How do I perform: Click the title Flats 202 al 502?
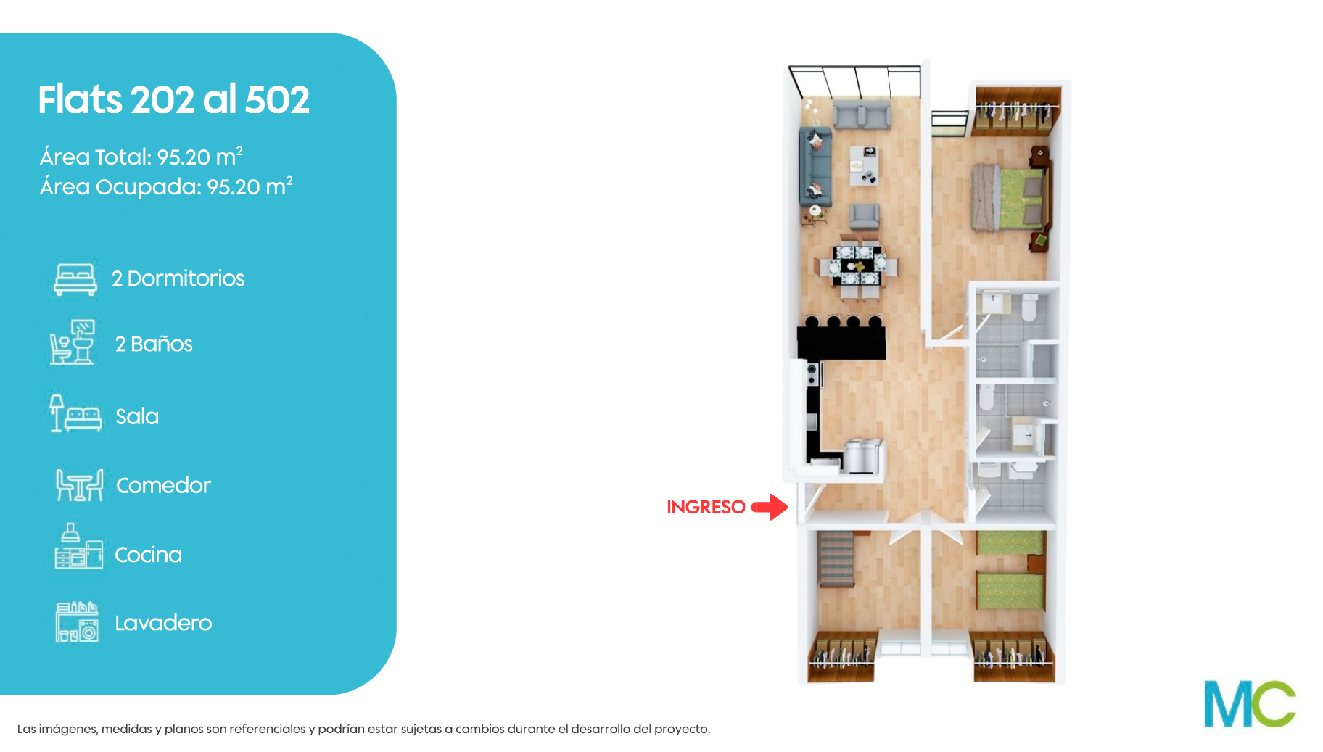(x=174, y=99)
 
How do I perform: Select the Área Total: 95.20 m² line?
(x=141, y=157)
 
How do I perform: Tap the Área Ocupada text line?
(x=166, y=186)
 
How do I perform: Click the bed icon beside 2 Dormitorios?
(x=75, y=279)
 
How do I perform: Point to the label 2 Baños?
(x=154, y=344)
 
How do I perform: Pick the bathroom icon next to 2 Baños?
(x=73, y=342)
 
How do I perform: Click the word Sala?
(x=137, y=416)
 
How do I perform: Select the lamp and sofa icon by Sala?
(x=75, y=413)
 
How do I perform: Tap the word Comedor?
(x=163, y=485)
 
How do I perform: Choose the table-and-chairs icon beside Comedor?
(x=80, y=485)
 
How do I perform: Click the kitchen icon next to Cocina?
(x=78, y=546)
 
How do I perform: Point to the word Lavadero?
(x=163, y=623)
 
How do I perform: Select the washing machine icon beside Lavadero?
(x=77, y=622)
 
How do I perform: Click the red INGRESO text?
(x=706, y=507)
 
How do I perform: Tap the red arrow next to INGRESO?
(x=770, y=507)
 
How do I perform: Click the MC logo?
(x=1250, y=703)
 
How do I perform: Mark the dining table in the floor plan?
(x=859, y=266)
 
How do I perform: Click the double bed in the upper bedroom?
(x=1010, y=197)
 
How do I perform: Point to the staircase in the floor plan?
(x=836, y=558)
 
